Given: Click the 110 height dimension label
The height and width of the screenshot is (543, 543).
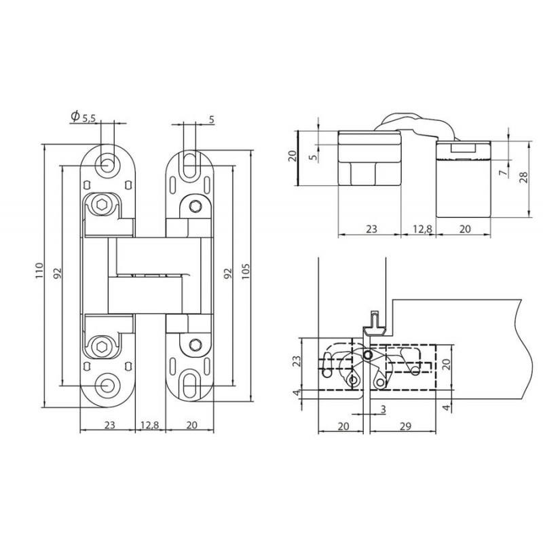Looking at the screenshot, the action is coord(39,271).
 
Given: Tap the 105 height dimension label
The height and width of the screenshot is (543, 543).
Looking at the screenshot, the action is coord(245,272).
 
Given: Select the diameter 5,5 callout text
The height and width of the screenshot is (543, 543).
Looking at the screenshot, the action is coord(83,117).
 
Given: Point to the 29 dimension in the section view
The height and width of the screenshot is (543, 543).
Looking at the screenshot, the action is coord(405,426).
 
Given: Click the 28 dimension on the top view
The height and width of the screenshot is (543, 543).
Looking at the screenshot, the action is coord(524,177).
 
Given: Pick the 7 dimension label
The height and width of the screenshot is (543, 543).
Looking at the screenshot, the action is coord(503,172).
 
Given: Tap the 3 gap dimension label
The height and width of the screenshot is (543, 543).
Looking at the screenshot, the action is coord(383,410).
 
